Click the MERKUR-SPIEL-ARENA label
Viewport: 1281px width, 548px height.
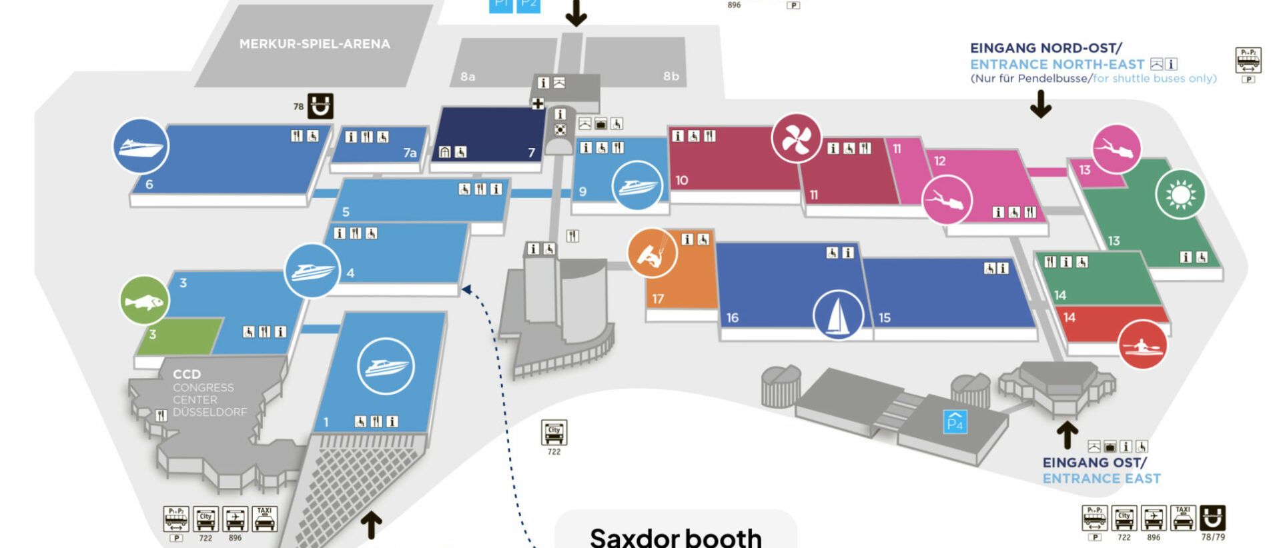314,44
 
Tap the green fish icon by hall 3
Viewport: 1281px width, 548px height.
144,301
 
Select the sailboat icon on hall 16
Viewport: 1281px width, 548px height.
838,315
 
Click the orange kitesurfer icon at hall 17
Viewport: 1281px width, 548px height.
652,253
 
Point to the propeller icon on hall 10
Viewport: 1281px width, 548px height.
796,139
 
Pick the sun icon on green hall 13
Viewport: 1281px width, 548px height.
1180,195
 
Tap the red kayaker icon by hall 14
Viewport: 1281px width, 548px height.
1142,345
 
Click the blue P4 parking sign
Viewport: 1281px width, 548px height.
955,422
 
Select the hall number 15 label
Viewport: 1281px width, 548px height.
884,318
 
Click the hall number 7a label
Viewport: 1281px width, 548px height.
410,153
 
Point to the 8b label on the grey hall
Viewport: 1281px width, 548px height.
671,77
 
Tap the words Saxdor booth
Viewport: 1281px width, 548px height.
675,537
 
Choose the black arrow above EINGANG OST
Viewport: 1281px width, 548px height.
1067,435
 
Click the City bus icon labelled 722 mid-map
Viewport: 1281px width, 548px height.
554,432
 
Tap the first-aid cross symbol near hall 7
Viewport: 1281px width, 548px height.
538,103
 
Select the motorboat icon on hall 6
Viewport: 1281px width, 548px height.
140,146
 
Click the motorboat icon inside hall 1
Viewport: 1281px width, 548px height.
386,366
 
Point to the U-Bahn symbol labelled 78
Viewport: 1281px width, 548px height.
320,106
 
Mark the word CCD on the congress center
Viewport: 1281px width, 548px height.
186,375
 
